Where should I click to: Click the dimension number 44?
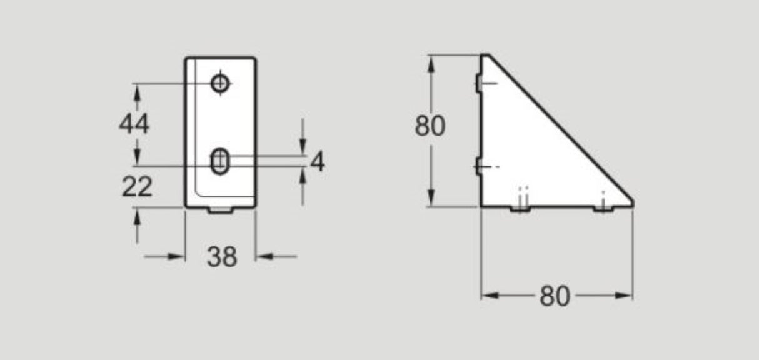point(134,124)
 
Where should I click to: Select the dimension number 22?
point(137,186)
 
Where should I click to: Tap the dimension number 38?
point(222,256)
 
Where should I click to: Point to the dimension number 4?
point(318,162)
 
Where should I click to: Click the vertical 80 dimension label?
point(430,126)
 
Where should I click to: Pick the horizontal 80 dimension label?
point(555,296)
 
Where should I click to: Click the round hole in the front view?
point(219,82)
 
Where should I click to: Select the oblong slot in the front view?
point(219,161)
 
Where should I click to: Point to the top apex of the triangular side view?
point(484,56)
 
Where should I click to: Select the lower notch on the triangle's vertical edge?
point(478,166)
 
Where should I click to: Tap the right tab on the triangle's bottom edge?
point(603,209)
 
